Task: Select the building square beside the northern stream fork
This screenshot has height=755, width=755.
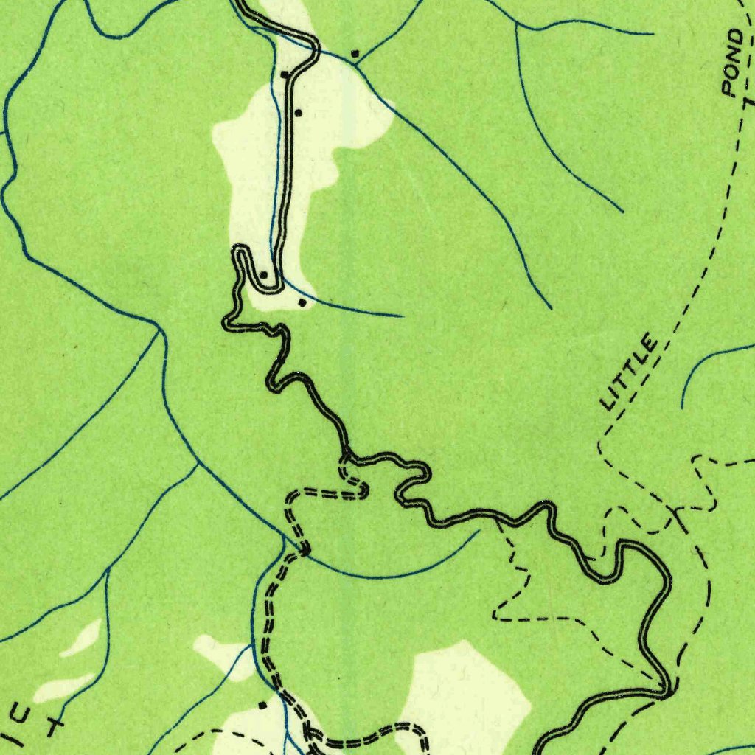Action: (x=355, y=53)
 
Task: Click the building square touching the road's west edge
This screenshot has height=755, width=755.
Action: (x=284, y=74)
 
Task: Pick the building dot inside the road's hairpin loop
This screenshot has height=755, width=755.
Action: (x=263, y=274)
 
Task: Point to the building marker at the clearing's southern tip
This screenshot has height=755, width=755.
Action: (x=301, y=302)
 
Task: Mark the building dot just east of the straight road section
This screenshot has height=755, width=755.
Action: (x=298, y=113)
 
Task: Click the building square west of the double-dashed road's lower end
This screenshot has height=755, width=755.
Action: (x=262, y=705)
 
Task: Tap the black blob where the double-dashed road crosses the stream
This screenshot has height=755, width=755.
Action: (x=305, y=549)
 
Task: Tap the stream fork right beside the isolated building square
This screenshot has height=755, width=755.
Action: (x=356, y=63)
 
